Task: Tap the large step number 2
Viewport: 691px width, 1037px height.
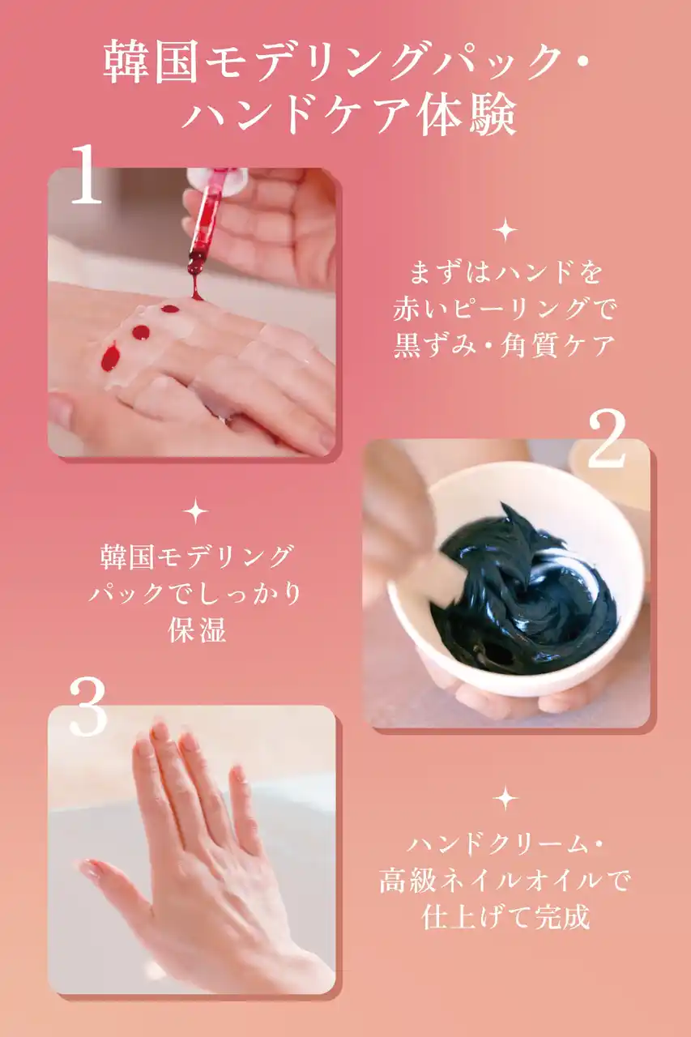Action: click(x=607, y=438)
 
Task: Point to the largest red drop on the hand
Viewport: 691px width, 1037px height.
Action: click(x=111, y=357)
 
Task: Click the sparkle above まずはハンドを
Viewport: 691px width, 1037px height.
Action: click(x=505, y=230)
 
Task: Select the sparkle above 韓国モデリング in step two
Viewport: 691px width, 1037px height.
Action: click(x=196, y=511)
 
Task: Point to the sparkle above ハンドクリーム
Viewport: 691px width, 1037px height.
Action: click(x=505, y=798)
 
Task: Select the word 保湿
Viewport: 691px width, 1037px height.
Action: click(x=197, y=629)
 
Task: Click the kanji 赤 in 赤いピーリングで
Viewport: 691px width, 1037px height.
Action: click(x=407, y=309)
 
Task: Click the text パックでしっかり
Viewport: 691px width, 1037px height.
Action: click(x=195, y=593)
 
